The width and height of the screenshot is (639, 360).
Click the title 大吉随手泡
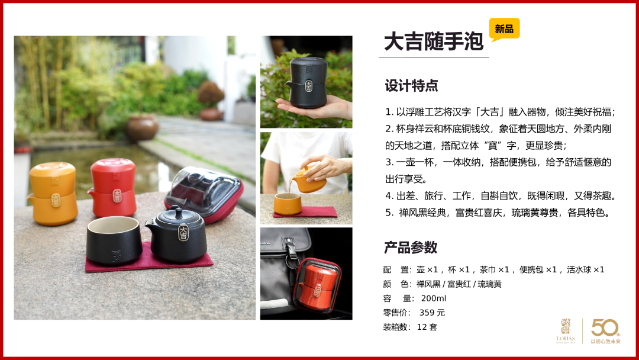click(x=434, y=41)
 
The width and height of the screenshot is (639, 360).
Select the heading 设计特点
click(x=411, y=86)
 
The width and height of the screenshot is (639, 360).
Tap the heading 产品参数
click(x=411, y=247)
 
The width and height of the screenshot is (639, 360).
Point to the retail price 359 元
click(x=432, y=313)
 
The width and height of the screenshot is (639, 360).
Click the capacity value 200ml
click(x=434, y=298)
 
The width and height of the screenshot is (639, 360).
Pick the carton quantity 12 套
click(x=427, y=327)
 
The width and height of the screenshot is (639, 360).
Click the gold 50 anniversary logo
click(x=606, y=331)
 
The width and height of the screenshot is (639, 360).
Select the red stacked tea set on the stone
click(x=112, y=187)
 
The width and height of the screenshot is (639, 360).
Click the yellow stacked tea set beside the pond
click(x=53, y=193)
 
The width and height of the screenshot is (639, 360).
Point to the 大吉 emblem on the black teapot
click(x=183, y=232)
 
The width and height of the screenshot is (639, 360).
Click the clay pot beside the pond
click(x=142, y=127)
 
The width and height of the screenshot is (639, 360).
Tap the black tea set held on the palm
click(x=307, y=82)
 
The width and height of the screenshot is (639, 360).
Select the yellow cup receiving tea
click(x=288, y=204)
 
